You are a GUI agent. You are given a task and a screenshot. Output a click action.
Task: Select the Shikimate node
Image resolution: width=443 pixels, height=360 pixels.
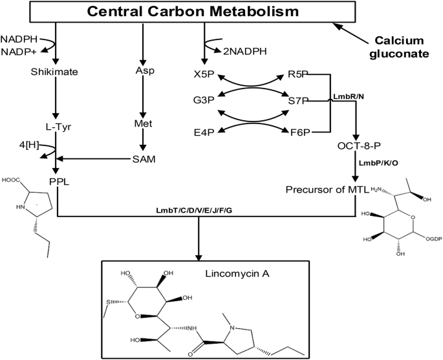[x=55, y=72]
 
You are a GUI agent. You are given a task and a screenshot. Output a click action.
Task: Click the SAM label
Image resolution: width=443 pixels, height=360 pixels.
[x=144, y=159]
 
